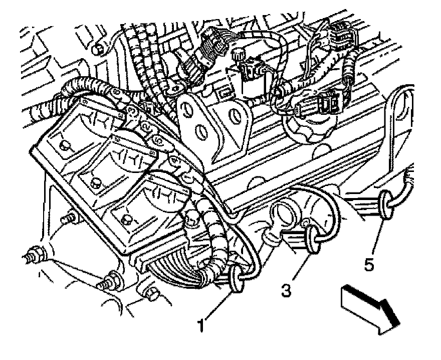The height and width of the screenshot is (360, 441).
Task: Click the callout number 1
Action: coord(201,326)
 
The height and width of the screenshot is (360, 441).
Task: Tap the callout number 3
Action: coord(286,290)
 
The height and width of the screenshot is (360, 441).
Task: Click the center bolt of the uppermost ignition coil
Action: coord(64,146)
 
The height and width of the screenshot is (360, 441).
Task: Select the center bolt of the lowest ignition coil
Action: coord(126,219)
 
